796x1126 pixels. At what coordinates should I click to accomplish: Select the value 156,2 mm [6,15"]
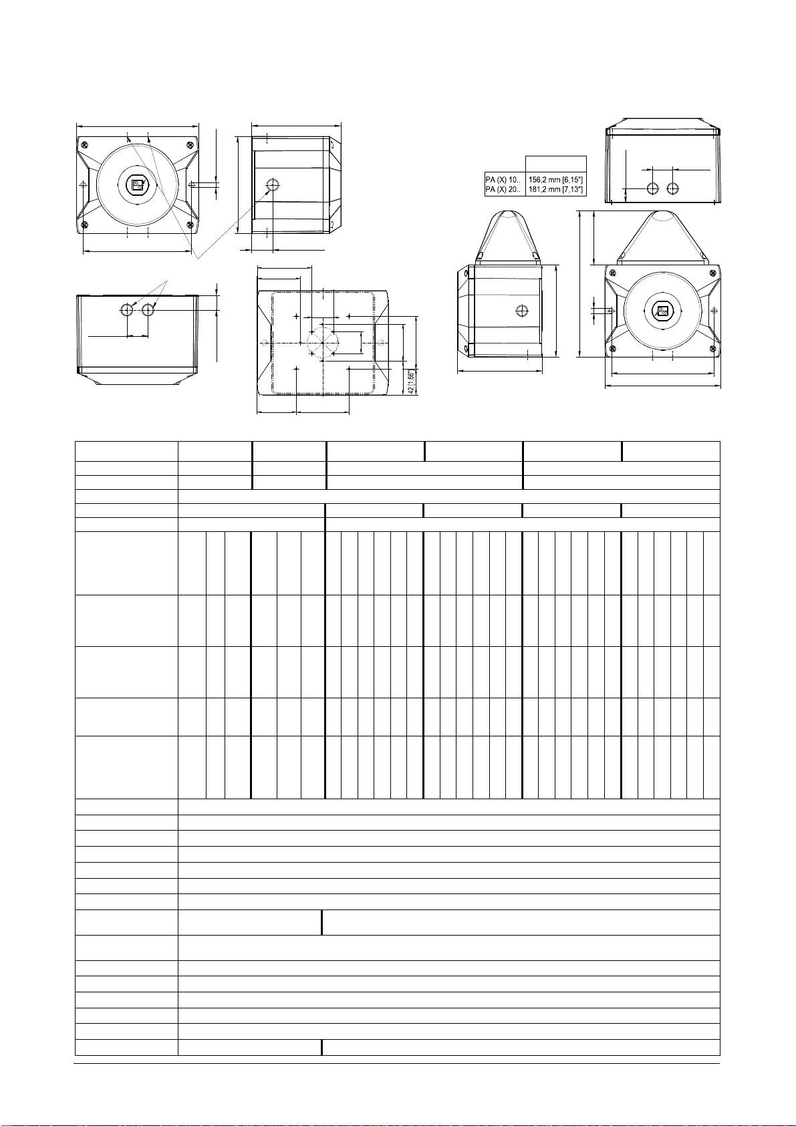pos(557,179)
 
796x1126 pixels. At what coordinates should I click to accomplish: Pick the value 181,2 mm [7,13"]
pos(557,190)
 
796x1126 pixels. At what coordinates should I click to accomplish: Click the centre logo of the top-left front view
pos(138,185)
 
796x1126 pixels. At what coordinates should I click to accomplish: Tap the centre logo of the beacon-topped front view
pos(662,311)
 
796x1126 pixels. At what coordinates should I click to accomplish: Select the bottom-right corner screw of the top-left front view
pos(190,225)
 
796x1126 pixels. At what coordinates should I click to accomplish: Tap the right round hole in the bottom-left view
pos(148,309)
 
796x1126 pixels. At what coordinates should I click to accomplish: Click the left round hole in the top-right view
pos(653,188)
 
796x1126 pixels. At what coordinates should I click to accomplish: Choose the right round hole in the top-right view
pos(673,188)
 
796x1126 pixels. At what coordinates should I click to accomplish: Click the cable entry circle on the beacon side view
pos(523,310)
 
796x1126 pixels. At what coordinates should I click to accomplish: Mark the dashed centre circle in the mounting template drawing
pos(323,342)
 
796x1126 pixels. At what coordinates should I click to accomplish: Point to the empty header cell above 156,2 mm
pos(557,164)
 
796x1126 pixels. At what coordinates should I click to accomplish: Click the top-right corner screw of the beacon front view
pos(714,272)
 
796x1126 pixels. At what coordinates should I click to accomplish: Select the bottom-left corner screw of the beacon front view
pos(612,349)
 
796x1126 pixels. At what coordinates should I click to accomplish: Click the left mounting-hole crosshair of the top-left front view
pos(83,184)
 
